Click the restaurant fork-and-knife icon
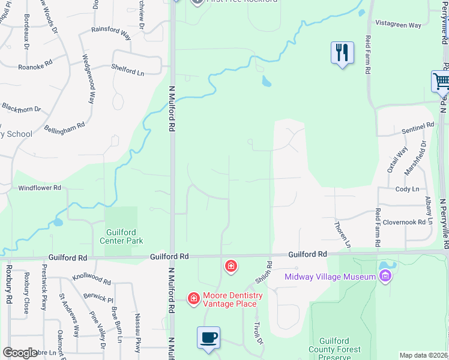point(341,52)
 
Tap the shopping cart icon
point(442,82)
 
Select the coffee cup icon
point(208,337)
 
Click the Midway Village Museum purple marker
point(385,277)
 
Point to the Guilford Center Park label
point(125,236)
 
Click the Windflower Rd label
point(40,188)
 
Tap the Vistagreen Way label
point(398,25)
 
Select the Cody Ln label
point(407,189)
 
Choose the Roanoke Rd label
point(35,68)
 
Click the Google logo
point(20,353)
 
